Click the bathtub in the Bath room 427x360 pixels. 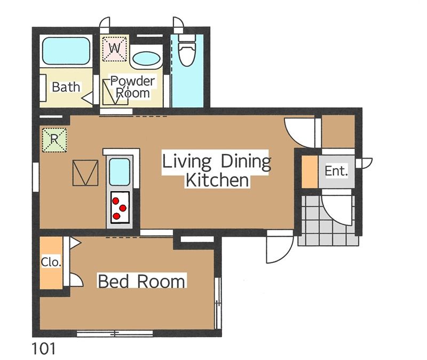pos(66,51)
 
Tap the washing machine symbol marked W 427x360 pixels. pos(115,49)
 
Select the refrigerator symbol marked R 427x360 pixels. pos(54,140)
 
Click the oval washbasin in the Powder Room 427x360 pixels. pos(146,59)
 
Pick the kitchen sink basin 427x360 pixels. pos(119,172)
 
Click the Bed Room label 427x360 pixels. pos(141,281)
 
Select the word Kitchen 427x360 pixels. pos(217,180)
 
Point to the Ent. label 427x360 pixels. pos(336,171)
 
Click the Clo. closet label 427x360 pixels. pos(51,262)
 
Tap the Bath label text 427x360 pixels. pos(66,87)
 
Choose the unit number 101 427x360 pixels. pos(44,349)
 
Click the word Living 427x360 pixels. pos(187,161)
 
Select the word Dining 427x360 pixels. pos(246,161)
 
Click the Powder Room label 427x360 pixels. pos(132,87)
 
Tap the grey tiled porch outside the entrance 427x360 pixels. pos(328,220)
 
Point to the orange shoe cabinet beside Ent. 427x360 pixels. pos(310,171)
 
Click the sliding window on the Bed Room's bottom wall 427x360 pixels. pos(115,333)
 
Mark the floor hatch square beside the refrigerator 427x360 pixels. pos(85,173)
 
